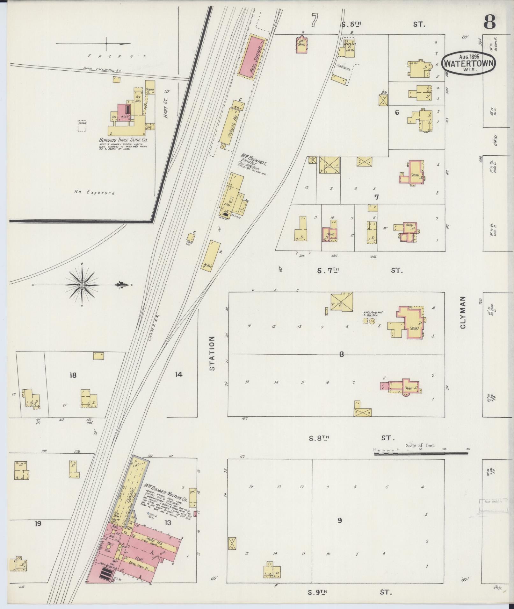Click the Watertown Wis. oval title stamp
point(468,63)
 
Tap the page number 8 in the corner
point(489,22)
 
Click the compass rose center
point(82,285)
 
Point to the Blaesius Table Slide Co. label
point(123,140)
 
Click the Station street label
point(212,353)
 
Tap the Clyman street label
point(463,312)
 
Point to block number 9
point(340,520)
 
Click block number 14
point(178,374)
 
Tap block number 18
point(73,375)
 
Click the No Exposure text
point(95,192)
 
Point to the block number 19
point(38,523)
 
